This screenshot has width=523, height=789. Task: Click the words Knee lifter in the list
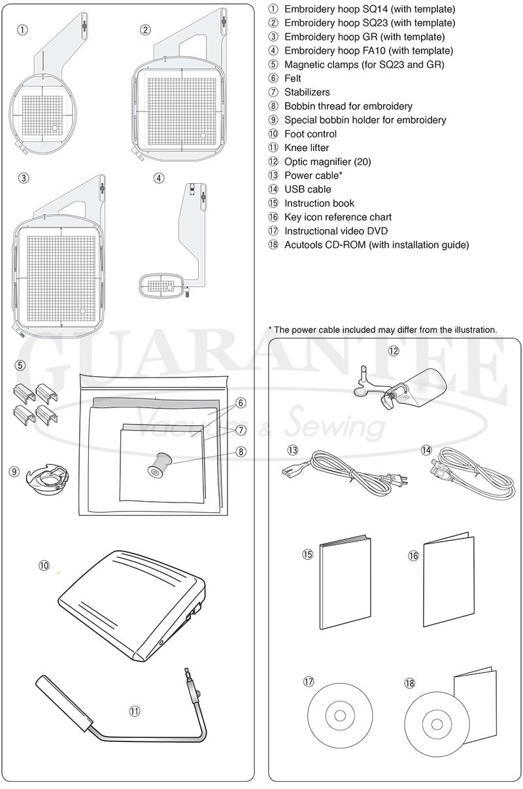pos(307,148)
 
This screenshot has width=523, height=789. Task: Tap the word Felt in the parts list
pos(292,79)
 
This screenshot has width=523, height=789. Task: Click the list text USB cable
pos(307,190)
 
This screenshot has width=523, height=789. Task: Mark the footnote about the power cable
pos(382,330)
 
